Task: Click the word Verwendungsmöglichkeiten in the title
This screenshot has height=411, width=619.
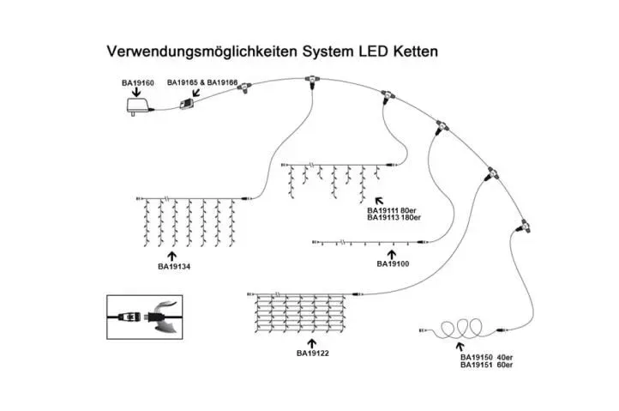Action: coord(201,51)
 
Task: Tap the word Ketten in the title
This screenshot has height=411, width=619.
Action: coord(414,51)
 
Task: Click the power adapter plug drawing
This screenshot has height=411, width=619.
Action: coord(136,106)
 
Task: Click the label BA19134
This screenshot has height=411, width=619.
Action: coord(174,267)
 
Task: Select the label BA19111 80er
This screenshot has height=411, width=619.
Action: coord(396,210)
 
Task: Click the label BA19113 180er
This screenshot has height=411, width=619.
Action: coord(398,218)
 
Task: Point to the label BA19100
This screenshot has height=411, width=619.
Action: coord(393,264)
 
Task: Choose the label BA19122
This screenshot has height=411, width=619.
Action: coord(314,352)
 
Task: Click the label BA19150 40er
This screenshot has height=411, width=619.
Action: coord(486,357)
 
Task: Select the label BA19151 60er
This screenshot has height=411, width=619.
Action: coord(486,365)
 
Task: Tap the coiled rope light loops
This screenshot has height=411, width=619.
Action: coord(461,329)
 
